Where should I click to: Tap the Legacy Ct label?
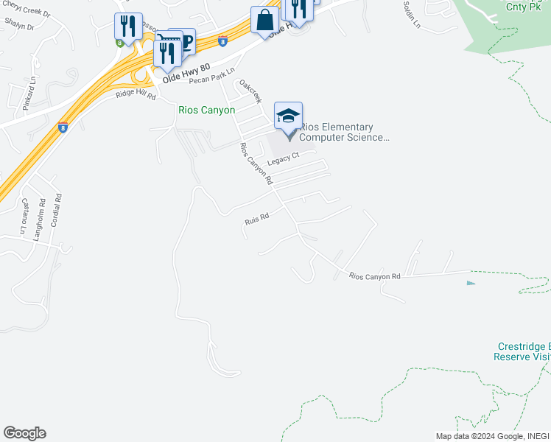(283, 158)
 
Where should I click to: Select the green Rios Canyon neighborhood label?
(207, 110)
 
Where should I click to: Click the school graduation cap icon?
(289, 116)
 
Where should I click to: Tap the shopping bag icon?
(264, 20)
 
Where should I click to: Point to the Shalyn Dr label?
(19, 27)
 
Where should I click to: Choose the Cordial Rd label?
(58, 210)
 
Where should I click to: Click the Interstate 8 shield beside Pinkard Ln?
(63, 126)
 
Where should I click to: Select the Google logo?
(24, 433)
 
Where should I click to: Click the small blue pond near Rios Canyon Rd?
(471, 282)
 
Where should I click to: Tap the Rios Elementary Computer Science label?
(342, 133)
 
